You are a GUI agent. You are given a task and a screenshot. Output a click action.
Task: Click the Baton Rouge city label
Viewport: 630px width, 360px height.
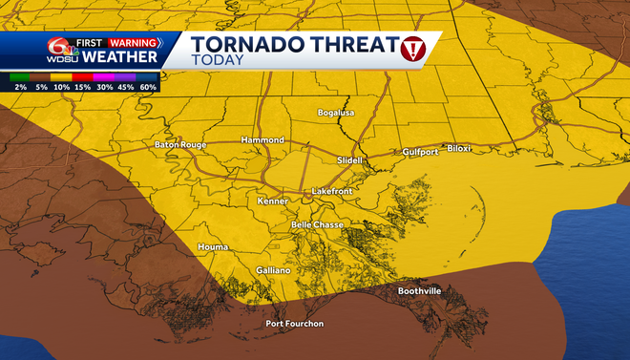[x=180, y=145]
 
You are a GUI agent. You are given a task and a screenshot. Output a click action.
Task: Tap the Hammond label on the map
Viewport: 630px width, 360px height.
[x=262, y=140]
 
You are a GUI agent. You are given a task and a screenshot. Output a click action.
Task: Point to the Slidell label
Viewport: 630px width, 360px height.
[x=350, y=160]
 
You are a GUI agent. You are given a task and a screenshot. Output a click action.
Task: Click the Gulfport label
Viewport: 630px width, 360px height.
[x=420, y=151]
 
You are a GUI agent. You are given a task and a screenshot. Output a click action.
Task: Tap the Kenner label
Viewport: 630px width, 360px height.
[x=273, y=201]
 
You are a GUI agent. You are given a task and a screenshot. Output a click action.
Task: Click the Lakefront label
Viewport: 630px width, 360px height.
[x=333, y=192]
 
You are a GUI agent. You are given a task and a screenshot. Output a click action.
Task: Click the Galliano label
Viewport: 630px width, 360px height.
[x=274, y=271]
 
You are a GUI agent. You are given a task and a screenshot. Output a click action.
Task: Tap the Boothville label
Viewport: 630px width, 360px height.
[x=419, y=291]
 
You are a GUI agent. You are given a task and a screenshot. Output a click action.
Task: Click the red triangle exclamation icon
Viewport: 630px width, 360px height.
[x=412, y=47]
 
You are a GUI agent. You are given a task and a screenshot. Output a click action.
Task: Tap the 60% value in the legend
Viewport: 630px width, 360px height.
[x=149, y=87]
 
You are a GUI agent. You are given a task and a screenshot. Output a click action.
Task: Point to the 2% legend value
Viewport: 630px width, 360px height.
[x=20, y=87]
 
